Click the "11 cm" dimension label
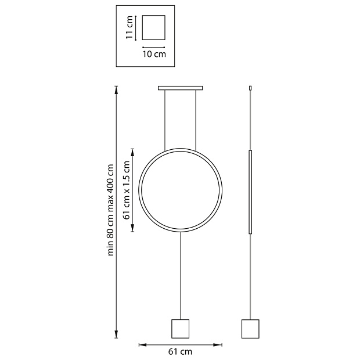(x=129, y=27)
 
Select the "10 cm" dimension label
(x=154, y=54)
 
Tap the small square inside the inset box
(x=154, y=27)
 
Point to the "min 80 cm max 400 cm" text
(x=111, y=210)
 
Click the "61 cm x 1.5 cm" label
(x=127, y=190)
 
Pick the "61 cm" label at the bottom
(x=180, y=351)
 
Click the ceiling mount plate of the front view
(x=180, y=88)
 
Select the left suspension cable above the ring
(x=165, y=121)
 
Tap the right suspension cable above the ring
(x=196, y=121)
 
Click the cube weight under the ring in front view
(x=180, y=329)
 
